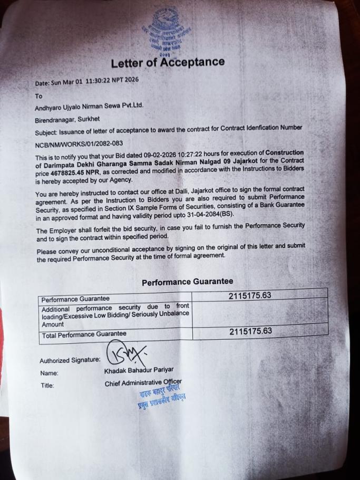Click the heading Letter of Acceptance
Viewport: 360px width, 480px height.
[x=168, y=62]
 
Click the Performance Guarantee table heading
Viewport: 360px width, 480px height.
[x=187, y=282]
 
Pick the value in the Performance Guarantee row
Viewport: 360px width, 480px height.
[x=250, y=296]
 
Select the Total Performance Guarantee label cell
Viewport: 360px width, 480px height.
[x=84, y=334]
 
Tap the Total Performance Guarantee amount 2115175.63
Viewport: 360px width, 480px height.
[x=250, y=331]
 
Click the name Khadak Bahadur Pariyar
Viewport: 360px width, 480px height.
[x=139, y=370]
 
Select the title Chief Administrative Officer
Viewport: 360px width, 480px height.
[x=143, y=382]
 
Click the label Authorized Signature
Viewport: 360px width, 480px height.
[x=70, y=361]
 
